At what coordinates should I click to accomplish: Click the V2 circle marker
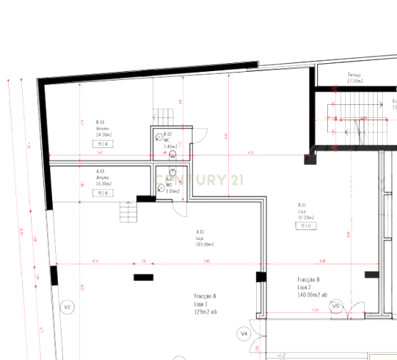(68, 306)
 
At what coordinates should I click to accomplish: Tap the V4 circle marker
(244, 334)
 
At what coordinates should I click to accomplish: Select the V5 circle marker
(335, 306)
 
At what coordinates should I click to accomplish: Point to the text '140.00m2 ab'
(313, 295)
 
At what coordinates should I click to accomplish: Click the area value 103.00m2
(204, 244)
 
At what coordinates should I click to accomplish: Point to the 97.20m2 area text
(305, 218)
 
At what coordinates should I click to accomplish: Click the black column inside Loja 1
(144, 277)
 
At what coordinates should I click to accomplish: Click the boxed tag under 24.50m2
(102, 144)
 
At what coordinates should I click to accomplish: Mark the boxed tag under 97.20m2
(305, 227)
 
